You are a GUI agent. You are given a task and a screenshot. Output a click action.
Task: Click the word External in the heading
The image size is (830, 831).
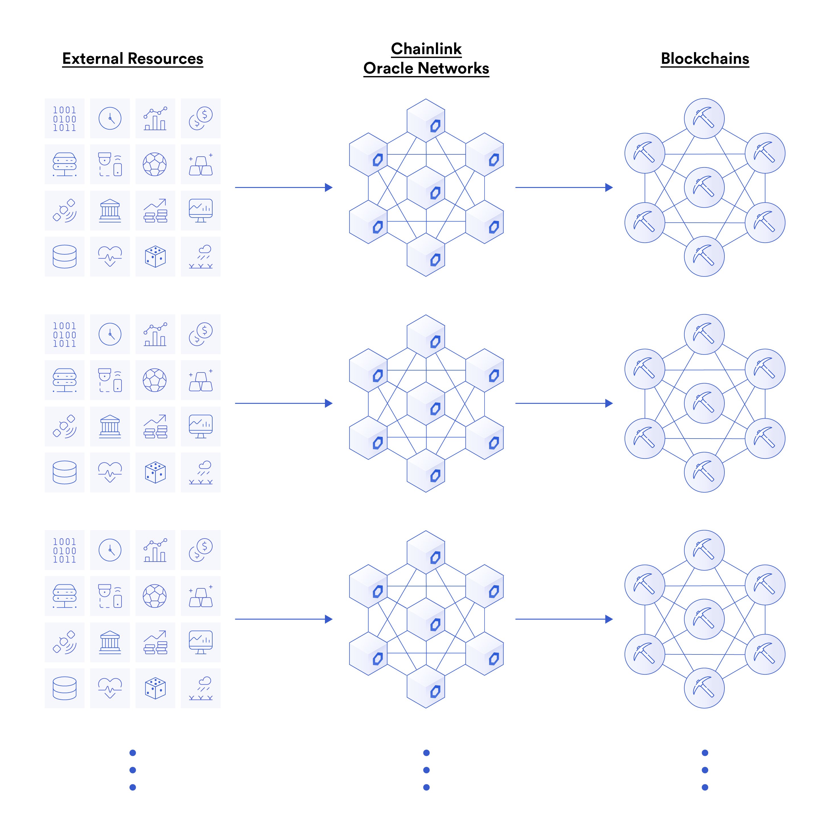pyautogui.click(x=92, y=58)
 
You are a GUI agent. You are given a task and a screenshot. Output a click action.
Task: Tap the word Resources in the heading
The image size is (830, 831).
pyautogui.click(x=166, y=58)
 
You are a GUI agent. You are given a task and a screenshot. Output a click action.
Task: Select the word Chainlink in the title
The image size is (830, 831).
pyautogui.click(x=427, y=49)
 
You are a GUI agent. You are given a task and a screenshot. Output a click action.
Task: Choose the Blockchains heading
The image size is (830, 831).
pyautogui.click(x=705, y=58)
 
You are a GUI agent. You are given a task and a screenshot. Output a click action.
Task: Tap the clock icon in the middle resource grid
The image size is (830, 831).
pyautogui.click(x=110, y=334)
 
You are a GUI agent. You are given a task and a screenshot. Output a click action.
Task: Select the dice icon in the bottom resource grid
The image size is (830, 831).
pyautogui.click(x=155, y=688)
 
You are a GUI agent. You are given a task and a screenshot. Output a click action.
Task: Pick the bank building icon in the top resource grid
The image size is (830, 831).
pyautogui.click(x=110, y=210)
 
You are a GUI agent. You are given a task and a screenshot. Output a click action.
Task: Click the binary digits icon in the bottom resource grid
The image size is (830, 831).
pyautogui.click(x=65, y=550)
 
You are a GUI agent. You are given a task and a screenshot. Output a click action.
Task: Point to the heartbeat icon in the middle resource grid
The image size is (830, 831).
pyautogui.click(x=110, y=472)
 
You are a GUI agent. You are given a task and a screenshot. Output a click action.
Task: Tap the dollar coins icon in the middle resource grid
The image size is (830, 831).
pyautogui.click(x=201, y=334)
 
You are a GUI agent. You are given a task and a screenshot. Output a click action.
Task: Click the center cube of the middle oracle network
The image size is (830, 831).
pyautogui.click(x=426, y=404)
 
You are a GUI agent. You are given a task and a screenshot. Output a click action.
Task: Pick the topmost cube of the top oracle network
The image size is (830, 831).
pyautogui.click(x=426, y=120)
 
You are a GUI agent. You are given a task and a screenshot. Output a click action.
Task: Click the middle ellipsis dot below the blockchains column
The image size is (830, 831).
pyautogui.click(x=705, y=770)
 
